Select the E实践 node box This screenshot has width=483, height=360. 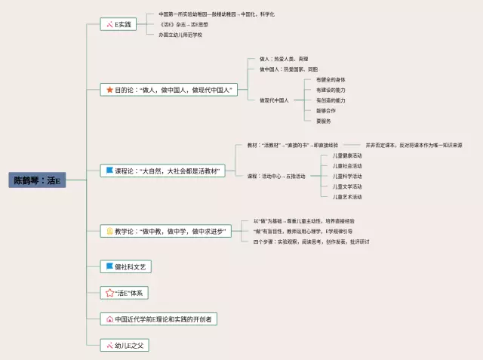pos(118,24)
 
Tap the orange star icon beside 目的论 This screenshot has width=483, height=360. pos(109,90)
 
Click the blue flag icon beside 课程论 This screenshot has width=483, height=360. pos(109,171)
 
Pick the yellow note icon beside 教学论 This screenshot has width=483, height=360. pos(109,231)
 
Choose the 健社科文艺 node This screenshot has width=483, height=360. pos(129,266)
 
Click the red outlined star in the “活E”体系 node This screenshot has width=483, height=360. pos(109,292)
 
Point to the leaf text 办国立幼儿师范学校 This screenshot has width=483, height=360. pos(180,35)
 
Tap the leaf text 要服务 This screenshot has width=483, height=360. pos(323,121)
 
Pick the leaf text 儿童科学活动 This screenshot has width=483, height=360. pos(347,176)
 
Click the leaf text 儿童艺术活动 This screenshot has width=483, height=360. pos(347,196)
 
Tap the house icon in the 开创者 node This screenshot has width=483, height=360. pos(109,319)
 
